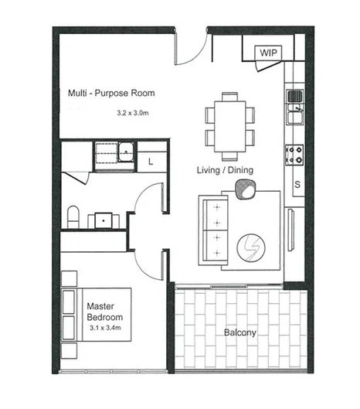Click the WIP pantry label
pos(268,53)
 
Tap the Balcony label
pos(241,333)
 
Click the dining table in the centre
pos(230,124)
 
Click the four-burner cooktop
pos(294,154)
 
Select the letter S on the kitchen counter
pos(296,184)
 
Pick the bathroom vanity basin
pos(103,220)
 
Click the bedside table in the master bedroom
pos(70,278)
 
